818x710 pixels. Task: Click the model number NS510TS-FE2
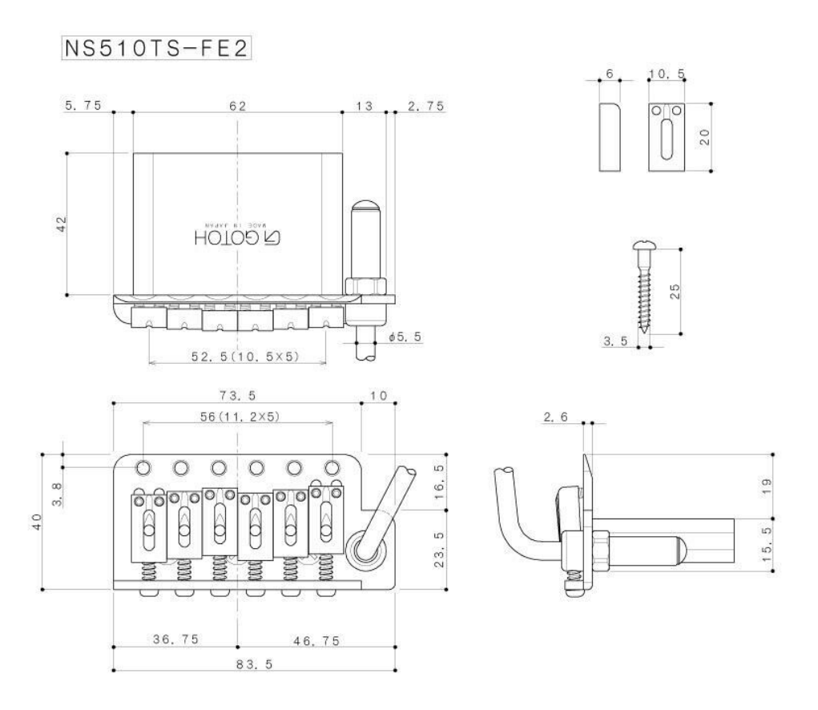(156, 48)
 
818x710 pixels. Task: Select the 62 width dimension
(238, 106)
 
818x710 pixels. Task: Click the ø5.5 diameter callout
(405, 337)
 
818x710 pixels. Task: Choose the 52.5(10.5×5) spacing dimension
(245, 357)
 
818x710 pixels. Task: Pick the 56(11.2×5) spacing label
(240, 416)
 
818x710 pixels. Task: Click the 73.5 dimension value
(237, 395)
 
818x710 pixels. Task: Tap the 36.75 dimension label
(175, 639)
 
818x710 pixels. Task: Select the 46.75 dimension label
(316, 640)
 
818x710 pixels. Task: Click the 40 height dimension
(37, 522)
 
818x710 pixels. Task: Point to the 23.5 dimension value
(439, 549)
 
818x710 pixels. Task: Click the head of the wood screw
(644, 245)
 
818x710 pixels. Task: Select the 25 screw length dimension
(675, 291)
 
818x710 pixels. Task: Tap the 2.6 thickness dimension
(555, 417)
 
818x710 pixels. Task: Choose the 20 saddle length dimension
(704, 137)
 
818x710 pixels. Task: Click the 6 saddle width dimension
(610, 74)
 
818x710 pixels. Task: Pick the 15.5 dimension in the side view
(767, 544)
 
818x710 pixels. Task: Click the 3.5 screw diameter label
(615, 341)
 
